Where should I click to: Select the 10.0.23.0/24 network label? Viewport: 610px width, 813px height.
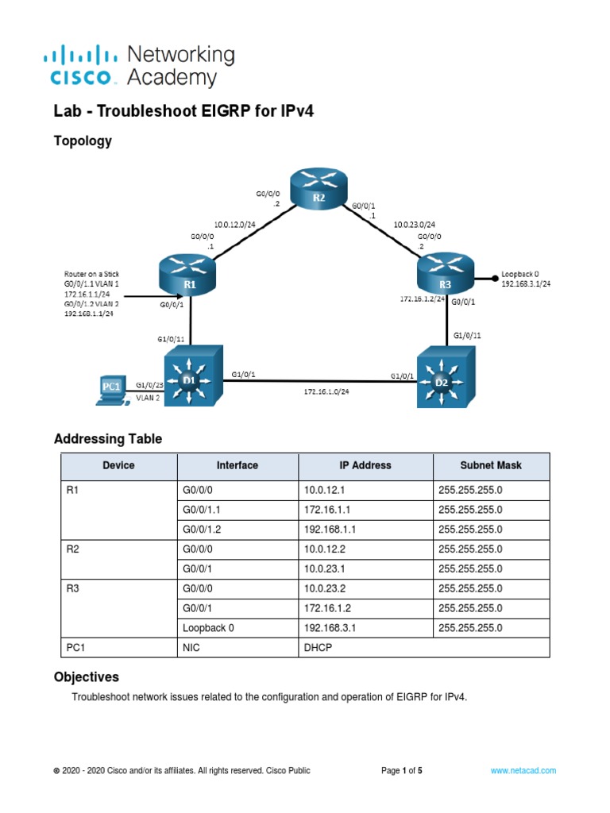pos(413,224)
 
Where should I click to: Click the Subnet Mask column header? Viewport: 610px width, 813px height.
pos(491,465)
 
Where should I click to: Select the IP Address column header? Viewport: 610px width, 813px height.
pos(365,465)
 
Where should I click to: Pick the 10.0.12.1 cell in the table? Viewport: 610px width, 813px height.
pos(326,490)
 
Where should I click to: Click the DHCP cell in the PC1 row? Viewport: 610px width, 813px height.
pos(318,647)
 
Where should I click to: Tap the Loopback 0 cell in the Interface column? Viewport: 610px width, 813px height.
pos(209,627)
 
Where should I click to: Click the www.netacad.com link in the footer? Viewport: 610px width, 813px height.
pos(523,770)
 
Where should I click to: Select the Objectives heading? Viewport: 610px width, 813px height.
pos(86,677)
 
